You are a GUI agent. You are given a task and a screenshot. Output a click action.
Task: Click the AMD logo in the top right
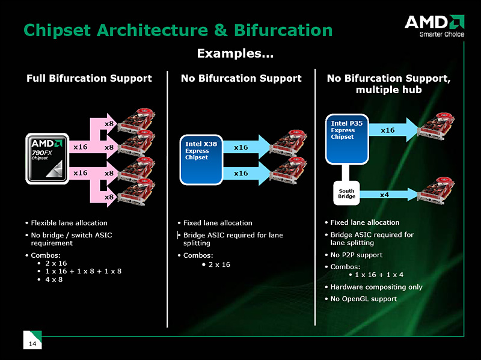[x=434, y=22]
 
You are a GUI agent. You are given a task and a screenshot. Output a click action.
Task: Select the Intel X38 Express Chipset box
[x=202, y=159]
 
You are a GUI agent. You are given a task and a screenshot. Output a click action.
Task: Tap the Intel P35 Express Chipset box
[x=347, y=138]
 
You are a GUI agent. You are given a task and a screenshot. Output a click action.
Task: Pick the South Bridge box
[x=346, y=194]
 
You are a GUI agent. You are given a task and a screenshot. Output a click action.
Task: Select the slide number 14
[x=31, y=343]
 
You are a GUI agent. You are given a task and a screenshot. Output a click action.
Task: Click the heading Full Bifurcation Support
[x=89, y=78]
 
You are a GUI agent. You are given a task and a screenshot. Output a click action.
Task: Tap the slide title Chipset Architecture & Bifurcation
[x=177, y=29]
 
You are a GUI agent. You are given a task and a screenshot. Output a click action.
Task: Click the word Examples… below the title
[x=235, y=54]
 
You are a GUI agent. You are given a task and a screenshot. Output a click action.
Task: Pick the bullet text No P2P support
[x=356, y=255]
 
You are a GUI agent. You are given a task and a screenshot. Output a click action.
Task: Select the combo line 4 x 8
[x=54, y=280]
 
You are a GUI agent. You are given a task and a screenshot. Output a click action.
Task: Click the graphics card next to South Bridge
[x=440, y=191]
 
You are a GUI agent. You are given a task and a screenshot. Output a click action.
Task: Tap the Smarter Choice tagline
[x=441, y=34]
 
